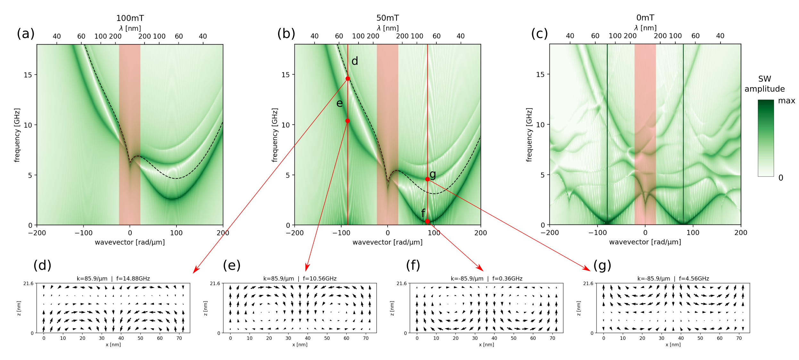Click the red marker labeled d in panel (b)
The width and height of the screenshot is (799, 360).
(x=348, y=78)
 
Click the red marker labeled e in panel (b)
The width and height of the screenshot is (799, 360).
(x=348, y=121)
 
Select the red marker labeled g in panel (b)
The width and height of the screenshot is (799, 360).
(x=427, y=179)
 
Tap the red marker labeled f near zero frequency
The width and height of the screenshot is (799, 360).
(x=427, y=221)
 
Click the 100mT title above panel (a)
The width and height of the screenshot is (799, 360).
(x=130, y=18)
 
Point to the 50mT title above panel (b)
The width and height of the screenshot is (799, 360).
(x=387, y=18)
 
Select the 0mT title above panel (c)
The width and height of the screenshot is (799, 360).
(x=645, y=18)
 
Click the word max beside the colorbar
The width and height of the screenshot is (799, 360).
(x=787, y=101)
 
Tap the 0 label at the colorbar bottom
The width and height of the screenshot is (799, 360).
(x=781, y=178)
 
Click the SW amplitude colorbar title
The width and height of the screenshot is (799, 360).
(x=764, y=84)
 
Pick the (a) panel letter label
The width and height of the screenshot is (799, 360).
(x=26, y=34)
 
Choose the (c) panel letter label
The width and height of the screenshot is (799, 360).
(x=540, y=34)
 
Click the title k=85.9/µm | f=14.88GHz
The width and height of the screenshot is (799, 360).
(x=113, y=279)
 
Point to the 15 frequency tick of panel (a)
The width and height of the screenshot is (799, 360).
(x=28, y=75)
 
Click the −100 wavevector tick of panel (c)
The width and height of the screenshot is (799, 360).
(x=597, y=233)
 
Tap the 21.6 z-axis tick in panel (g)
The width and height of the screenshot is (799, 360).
(x=588, y=283)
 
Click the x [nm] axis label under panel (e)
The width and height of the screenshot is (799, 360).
(x=300, y=345)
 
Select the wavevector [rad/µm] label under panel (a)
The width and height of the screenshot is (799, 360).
(x=130, y=242)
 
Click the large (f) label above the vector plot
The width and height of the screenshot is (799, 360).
(x=413, y=265)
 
